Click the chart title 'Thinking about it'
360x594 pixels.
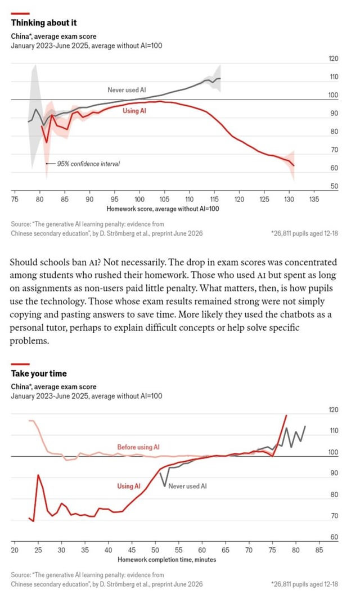[43, 22]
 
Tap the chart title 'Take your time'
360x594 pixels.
[39, 373]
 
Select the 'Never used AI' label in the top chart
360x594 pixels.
[127, 90]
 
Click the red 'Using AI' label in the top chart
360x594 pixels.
[134, 111]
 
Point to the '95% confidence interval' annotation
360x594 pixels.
[88, 164]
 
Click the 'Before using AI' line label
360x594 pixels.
[138, 447]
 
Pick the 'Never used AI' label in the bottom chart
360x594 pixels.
[187, 486]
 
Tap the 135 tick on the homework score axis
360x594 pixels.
[314, 199]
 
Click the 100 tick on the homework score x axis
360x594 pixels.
[139, 199]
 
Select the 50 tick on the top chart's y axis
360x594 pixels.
[334, 186]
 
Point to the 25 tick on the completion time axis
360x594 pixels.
[38, 550]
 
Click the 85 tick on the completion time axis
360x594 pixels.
[319, 550]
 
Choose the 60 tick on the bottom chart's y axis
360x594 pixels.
[334, 537]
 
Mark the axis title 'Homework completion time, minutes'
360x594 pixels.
[166, 560]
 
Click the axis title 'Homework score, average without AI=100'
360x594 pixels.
[163, 209]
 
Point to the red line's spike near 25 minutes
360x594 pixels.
[38, 475]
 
